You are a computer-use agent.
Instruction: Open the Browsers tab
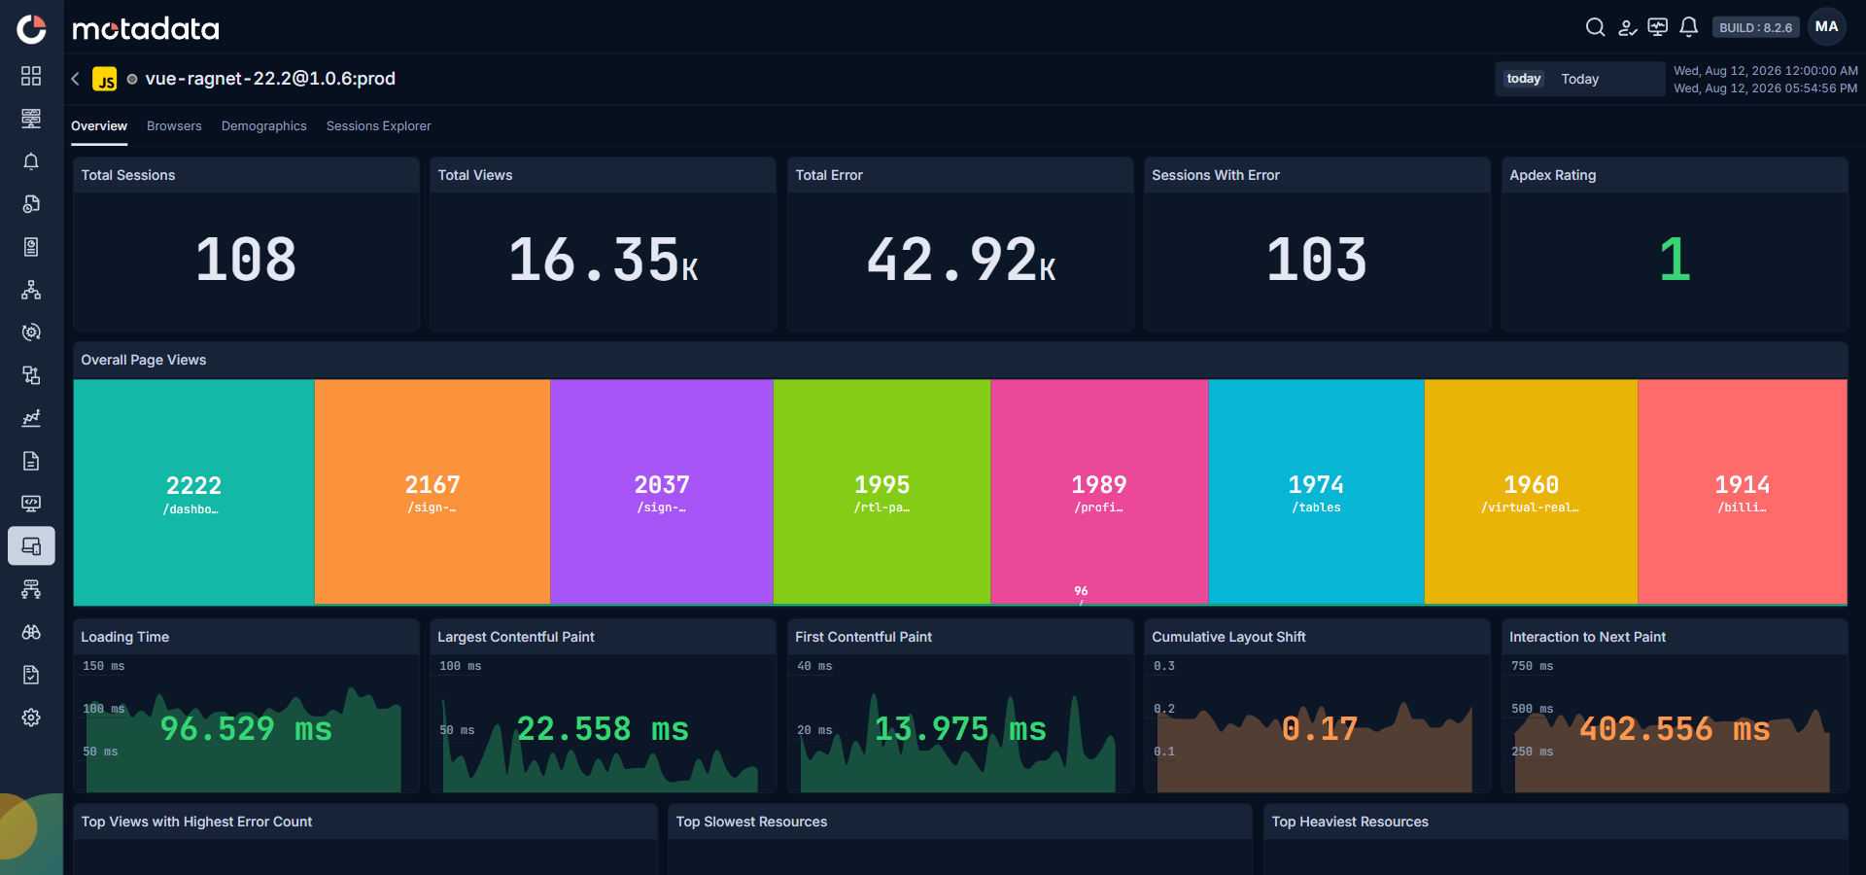tap(174, 126)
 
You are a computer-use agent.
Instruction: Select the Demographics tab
tap(263, 126)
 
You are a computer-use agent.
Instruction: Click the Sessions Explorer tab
tap(378, 126)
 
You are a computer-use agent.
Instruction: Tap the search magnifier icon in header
tap(1595, 27)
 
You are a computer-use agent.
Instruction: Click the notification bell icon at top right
tap(1689, 27)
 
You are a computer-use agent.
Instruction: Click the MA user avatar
tap(1827, 27)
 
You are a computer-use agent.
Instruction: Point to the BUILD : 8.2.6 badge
tap(1755, 28)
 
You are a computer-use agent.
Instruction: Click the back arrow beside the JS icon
tap(75, 79)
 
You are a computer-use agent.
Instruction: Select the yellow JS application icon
tap(105, 79)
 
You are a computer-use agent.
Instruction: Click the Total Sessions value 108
tap(246, 260)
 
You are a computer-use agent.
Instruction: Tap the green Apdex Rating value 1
tap(1675, 260)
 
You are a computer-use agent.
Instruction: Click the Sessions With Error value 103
tap(1317, 260)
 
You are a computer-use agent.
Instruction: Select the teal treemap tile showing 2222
tap(194, 492)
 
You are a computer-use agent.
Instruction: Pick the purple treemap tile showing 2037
tap(662, 492)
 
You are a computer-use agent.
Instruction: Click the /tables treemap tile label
tap(1316, 507)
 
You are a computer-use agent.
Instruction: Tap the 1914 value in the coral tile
tap(1742, 484)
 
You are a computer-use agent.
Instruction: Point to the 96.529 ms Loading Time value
tap(246, 728)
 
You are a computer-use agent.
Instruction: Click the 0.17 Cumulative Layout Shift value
tap(1319, 728)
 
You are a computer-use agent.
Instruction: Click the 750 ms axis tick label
tap(1532, 666)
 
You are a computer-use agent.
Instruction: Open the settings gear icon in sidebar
tap(31, 717)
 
